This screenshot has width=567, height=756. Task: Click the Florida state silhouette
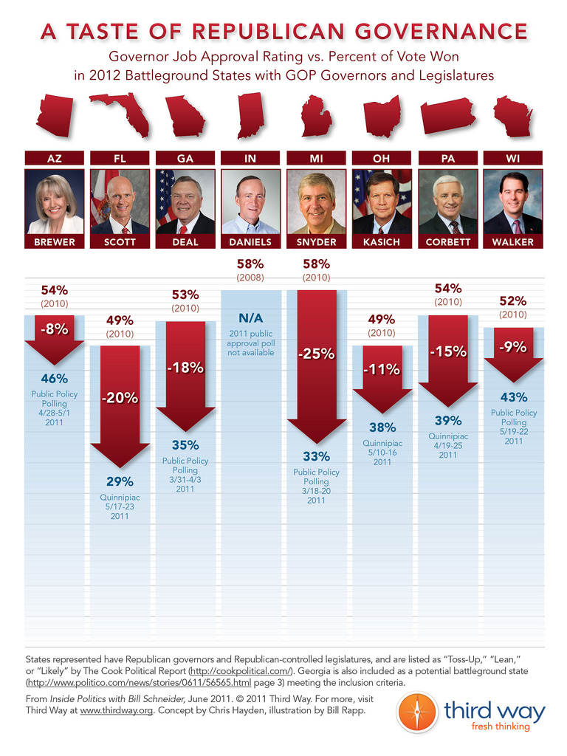pos(122,112)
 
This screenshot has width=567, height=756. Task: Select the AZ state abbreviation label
pos(54,158)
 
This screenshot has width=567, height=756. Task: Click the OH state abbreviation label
pos(382,158)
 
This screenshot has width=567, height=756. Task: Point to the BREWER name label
pos(54,242)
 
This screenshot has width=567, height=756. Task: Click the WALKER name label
pos(513,242)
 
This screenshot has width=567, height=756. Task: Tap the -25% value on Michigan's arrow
pos(316,354)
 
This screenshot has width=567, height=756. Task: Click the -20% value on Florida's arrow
pos(120,398)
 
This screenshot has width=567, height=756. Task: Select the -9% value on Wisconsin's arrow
pos(512,346)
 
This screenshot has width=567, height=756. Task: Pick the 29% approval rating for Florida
pos(120,482)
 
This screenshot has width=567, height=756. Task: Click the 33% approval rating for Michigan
pos(316,456)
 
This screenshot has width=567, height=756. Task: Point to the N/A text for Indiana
pos(251,317)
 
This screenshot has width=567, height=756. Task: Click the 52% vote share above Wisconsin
pos(512,300)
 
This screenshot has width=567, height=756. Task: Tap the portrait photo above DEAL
pos(185,202)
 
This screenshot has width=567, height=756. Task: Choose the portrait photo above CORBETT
pos(447,202)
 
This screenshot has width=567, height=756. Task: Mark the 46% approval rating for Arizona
pos(54,379)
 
